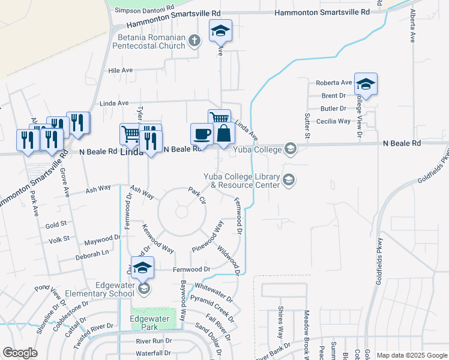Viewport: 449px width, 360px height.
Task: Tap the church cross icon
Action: pos(194,41)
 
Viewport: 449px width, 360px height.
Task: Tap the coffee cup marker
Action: pos(202,133)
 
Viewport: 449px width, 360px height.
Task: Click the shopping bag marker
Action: pos(223,134)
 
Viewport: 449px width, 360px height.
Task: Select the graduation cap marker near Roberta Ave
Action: pos(366,84)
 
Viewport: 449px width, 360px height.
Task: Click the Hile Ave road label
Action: pos(120,70)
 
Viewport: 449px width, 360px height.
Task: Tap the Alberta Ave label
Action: pos(412,26)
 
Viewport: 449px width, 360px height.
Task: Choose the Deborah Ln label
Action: pos(92,253)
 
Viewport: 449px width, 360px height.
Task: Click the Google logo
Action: pos(20,353)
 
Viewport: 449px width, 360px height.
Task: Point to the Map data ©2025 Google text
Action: pos(412,355)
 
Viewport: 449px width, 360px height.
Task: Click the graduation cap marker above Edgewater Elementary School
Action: pos(143,268)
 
